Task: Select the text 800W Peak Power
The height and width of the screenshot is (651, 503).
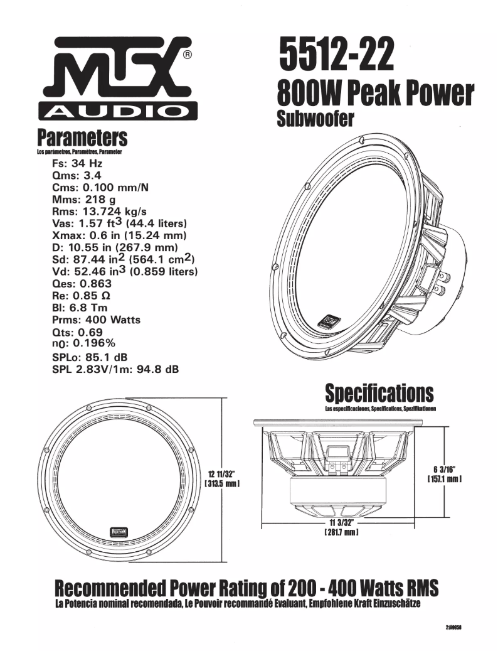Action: pos(375,95)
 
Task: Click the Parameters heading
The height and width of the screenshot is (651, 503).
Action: pos(82,137)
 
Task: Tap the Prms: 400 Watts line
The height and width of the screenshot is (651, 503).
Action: pos(97,320)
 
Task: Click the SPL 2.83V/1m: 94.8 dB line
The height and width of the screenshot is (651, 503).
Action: pos(115,369)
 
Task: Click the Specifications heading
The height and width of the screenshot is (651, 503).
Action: pos(379,394)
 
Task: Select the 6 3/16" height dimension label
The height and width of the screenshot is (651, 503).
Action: pos(445,470)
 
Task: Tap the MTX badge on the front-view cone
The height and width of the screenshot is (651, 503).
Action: pos(117,531)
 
